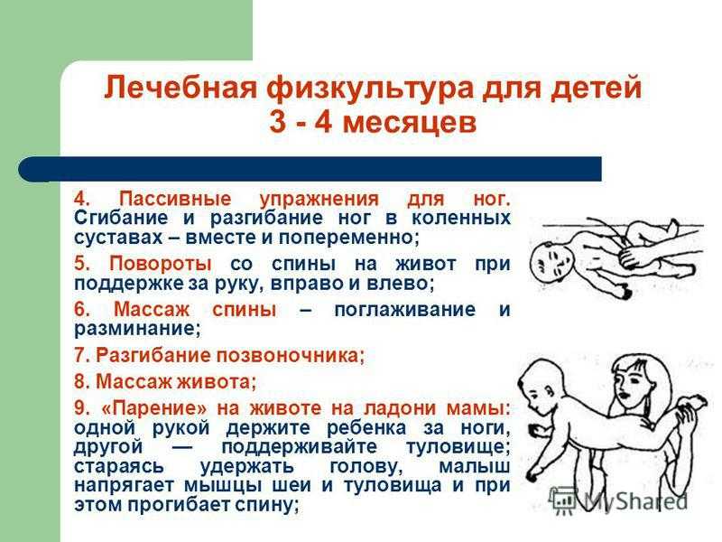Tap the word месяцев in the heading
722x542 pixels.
pyautogui.click(x=410, y=123)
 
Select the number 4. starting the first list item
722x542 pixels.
pyautogui.click(x=82, y=199)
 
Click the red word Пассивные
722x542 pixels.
pyautogui.click(x=175, y=200)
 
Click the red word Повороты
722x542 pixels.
pyautogui.click(x=161, y=264)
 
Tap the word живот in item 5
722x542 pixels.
pyautogui.click(x=426, y=264)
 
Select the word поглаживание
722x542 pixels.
pyautogui.click(x=404, y=310)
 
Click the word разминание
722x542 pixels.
pyautogui.click(x=138, y=329)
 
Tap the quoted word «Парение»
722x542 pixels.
pyautogui.click(x=153, y=408)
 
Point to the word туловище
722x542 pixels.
pyautogui.click(x=458, y=447)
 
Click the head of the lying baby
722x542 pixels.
pyautogui.click(x=551, y=262)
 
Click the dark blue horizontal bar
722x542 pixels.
pyautogui.click(x=310, y=169)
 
